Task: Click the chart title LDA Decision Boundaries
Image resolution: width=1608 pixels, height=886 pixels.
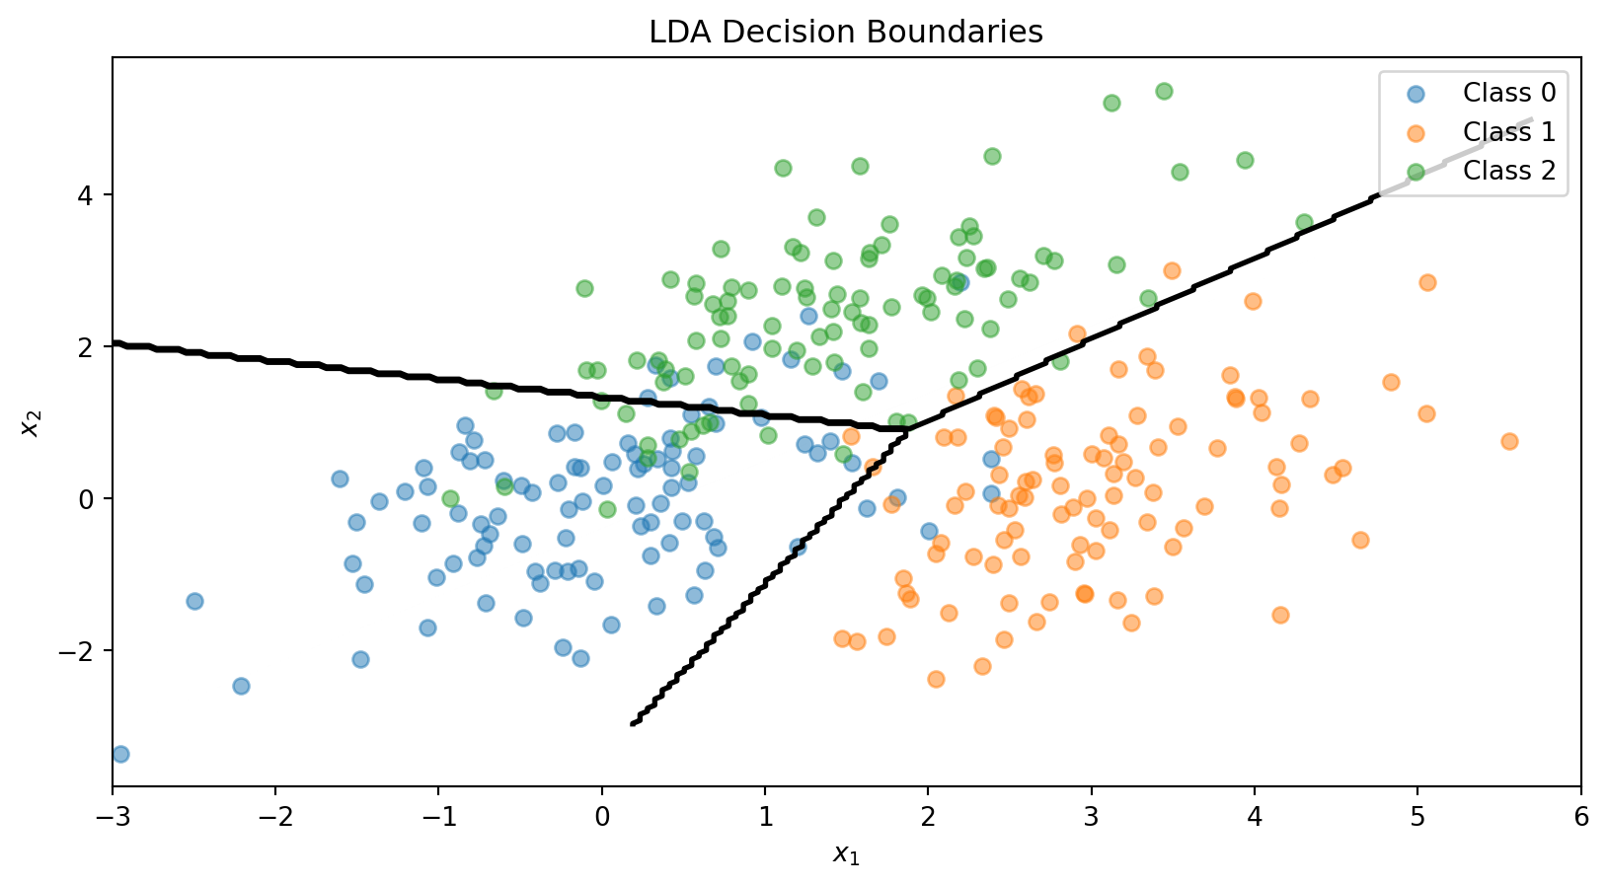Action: pos(845,33)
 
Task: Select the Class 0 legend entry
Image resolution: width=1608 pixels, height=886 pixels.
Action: pos(1508,94)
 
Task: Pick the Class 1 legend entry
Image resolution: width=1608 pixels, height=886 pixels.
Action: pos(1508,132)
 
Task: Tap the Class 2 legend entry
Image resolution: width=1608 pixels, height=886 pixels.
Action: pos(1508,171)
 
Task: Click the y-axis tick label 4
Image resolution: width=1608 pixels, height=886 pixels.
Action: pos(89,195)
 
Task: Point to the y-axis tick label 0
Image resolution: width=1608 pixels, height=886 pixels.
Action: pos(89,499)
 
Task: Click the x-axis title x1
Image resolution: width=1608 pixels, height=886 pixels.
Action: pos(846,854)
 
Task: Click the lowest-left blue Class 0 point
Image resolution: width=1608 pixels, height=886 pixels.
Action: pos(120,754)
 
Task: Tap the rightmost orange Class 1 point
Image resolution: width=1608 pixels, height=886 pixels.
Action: pos(1509,441)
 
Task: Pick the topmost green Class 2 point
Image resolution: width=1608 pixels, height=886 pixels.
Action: pos(1164,91)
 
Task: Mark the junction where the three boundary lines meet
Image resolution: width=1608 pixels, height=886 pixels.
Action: pos(909,428)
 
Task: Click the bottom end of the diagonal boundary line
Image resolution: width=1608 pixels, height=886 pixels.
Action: pos(633,723)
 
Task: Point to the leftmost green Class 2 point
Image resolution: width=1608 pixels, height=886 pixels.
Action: pos(450,498)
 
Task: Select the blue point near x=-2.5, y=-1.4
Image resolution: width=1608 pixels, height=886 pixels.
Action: pos(194,601)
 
